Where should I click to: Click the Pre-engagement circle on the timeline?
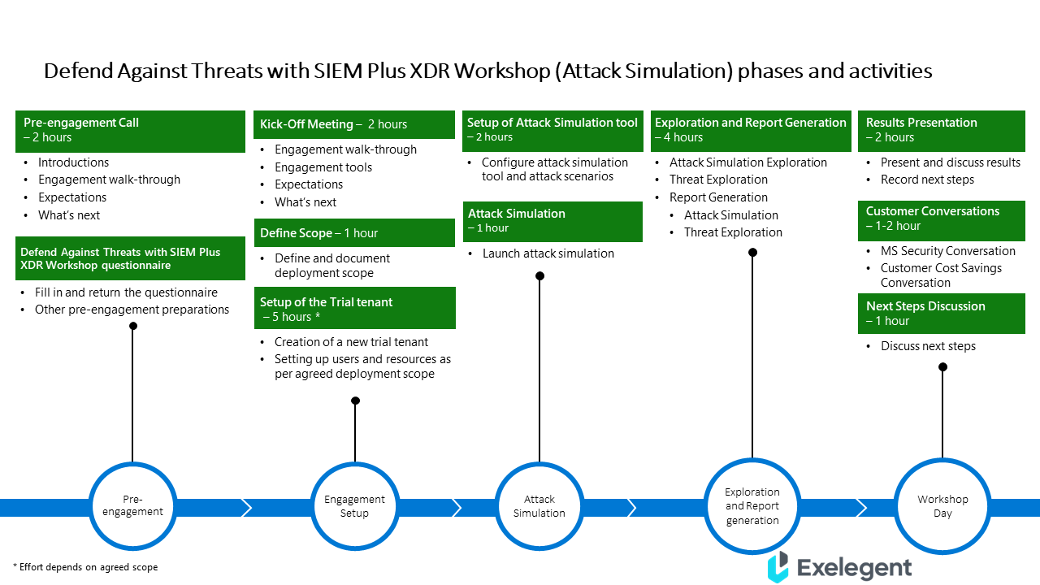132,505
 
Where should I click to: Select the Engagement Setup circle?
354,505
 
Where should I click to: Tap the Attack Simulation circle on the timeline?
539,505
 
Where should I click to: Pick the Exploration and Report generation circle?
752,505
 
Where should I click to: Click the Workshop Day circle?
942,505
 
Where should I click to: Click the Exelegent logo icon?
778,566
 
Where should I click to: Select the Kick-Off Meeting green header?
354,124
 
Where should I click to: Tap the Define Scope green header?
354,233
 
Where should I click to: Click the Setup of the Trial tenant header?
354,309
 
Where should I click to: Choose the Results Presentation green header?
941,130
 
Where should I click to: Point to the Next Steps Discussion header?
941,313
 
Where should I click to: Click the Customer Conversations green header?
941,219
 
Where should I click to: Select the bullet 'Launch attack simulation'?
548,253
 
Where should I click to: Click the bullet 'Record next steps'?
926,180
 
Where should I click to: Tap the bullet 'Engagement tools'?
323,167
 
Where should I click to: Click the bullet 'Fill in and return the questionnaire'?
126,292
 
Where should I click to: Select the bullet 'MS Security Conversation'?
947,251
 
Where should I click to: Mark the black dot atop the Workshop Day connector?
942,367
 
